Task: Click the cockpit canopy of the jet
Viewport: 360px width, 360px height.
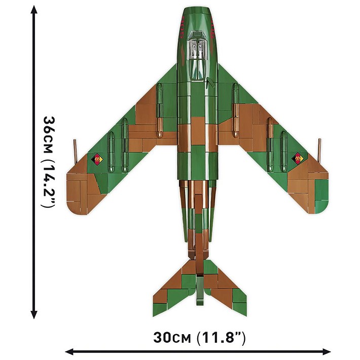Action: (x=197, y=56)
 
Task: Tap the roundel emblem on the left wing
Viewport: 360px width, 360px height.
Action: (x=97, y=159)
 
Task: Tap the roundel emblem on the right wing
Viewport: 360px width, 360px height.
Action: (x=298, y=158)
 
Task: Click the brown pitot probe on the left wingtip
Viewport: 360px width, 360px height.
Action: (x=75, y=151)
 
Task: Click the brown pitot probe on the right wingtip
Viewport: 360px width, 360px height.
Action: (x=319, y=151)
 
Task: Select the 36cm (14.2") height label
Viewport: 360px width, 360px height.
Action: (x=49, y=162)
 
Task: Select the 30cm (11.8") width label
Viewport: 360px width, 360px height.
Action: (x=199, y=338)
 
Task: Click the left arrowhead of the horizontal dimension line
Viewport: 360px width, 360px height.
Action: (x=69, y=351)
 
